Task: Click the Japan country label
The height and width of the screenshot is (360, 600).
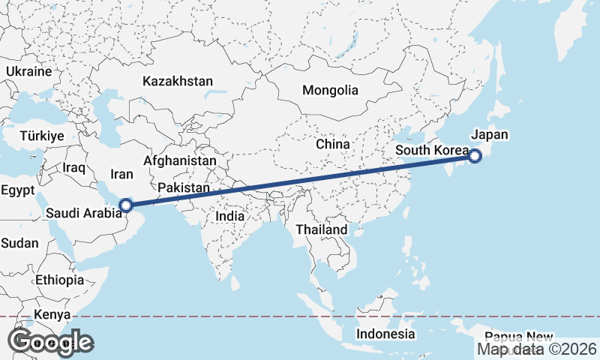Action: (489, 136)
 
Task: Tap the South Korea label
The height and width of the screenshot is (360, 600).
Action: (431, 151)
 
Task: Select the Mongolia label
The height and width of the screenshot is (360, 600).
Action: (330, 91)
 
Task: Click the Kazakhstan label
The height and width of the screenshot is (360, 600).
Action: (178, 81)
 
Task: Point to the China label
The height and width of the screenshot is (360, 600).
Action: (333, 144)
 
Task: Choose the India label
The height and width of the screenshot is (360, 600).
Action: (229, 216)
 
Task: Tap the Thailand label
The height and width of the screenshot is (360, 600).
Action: (322, 229)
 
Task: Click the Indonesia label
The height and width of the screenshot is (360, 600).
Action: (385, 334)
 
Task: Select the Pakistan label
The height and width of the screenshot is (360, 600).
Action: (184, 187)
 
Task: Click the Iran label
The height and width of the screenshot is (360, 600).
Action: (121, 174)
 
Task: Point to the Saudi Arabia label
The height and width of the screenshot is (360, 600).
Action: (82, 213)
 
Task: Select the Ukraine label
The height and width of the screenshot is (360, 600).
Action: (28, 71)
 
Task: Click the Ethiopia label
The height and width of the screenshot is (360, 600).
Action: (59, 280)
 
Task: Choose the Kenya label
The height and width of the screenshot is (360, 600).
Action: (52, 314)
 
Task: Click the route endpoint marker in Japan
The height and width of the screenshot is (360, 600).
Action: (475, 156)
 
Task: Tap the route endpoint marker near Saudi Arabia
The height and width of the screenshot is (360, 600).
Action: (126, 204)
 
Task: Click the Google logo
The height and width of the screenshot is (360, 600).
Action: (51, 342)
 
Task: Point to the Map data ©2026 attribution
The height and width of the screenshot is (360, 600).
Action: (537, 349)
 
